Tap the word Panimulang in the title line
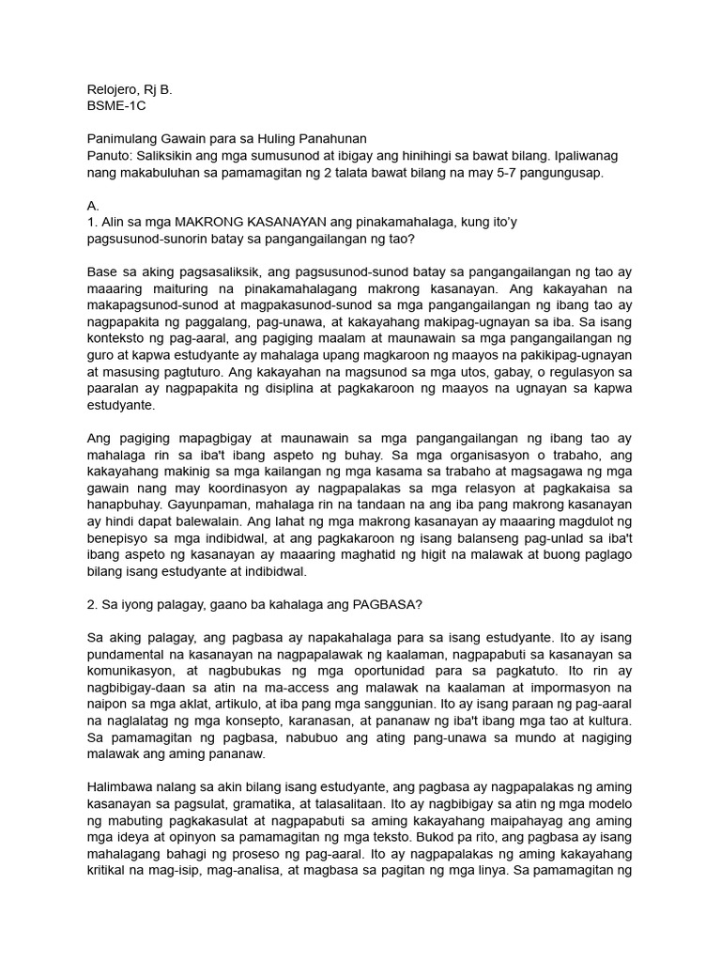coord(125,139)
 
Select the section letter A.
coord(92,205)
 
